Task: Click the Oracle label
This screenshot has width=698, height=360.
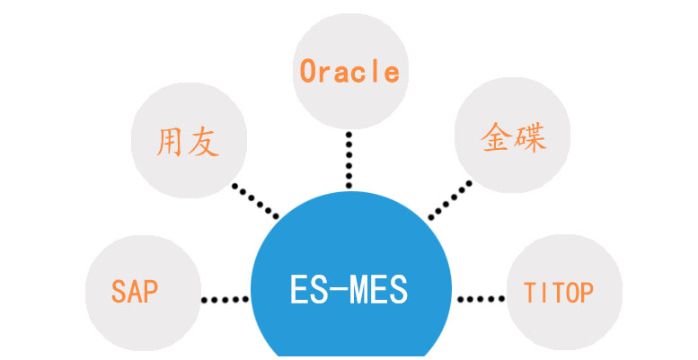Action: (x=349, y=72)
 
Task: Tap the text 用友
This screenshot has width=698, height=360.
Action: (x=189, y=142)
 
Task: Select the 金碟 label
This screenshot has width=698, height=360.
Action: (x=513, y=138)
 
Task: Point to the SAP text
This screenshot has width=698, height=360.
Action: (x=135, y=292)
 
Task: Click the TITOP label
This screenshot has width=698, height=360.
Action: (x=559, y=293)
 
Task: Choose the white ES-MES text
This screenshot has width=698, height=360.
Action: (x=349, y=290)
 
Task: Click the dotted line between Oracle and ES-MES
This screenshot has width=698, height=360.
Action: (x=349, y=160)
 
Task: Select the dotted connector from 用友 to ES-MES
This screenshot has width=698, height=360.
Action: (x=255, y=201)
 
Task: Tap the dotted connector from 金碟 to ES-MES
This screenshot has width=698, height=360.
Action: (x=449, y=200)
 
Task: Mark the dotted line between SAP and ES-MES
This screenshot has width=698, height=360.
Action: (x=225, y=300)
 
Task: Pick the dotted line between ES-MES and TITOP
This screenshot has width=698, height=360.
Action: (x=482, y=299)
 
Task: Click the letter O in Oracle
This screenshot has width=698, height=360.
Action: (x=308, y=72)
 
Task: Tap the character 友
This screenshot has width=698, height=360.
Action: (x=204, y=143)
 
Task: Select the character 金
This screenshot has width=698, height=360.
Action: (x=496, y=138)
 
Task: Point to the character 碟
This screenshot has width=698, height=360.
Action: (x=530, y=138)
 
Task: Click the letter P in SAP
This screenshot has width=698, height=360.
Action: (x=151, y=292)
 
